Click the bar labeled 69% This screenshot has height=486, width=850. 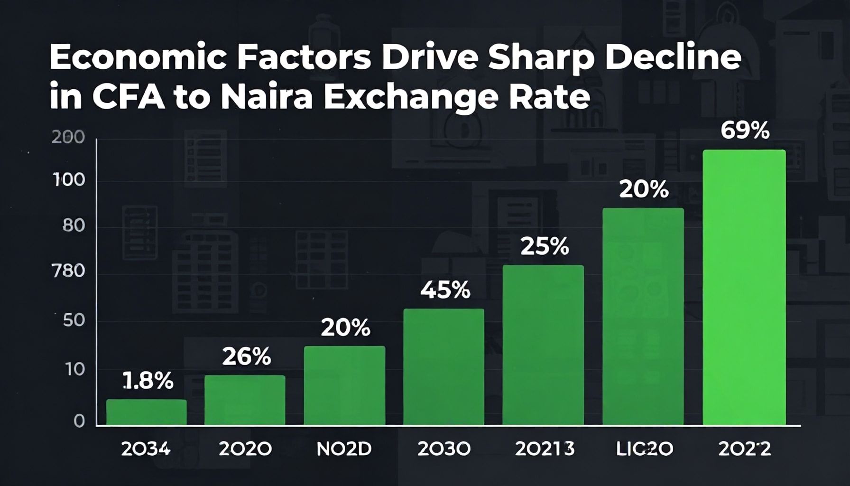coord(744,287)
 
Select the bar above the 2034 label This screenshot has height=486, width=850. coord(146,412)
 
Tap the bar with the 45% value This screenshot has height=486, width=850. coord(443,366)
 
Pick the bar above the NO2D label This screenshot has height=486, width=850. coord(344,385)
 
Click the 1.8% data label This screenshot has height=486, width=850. coord(148,381)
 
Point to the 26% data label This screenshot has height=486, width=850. coord(246,356)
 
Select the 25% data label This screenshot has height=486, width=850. coord(544,246)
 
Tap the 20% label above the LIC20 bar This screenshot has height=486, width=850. coord(644,190)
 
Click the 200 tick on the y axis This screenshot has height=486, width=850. coord(68,138)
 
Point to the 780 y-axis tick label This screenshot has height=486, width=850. coord(68,271)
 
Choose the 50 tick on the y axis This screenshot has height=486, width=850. coord(74,320)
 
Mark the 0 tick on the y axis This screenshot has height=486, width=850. coord(79,421)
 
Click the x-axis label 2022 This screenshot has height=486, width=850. coord(744,449)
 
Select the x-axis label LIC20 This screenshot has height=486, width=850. coord(644,449)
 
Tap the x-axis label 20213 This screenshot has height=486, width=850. coord(544,449)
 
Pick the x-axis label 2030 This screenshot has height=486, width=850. coord(443,449)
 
